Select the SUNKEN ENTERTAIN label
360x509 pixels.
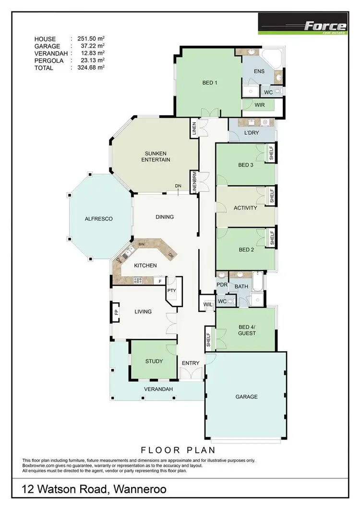pos(155,156)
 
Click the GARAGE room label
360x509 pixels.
pos(246,397)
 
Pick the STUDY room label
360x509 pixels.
pos(154,361)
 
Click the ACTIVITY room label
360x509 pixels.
pos(245,208)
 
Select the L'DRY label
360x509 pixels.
pos(252,132)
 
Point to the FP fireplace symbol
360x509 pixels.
pos(116,312)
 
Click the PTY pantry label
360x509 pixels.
pos(171,291)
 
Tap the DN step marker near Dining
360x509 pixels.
pos(178,186)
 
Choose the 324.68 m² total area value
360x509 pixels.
pos(91,68)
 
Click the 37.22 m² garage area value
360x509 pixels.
pos(91,46)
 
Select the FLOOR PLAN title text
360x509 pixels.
pos(178,450)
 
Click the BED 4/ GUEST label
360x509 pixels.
pos(247,330)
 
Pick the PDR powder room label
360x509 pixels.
pos(222,285)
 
